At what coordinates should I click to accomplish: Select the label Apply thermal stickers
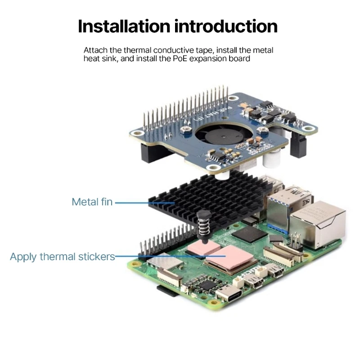coord(62,257)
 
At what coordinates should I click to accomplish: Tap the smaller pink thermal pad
coord(201,248)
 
